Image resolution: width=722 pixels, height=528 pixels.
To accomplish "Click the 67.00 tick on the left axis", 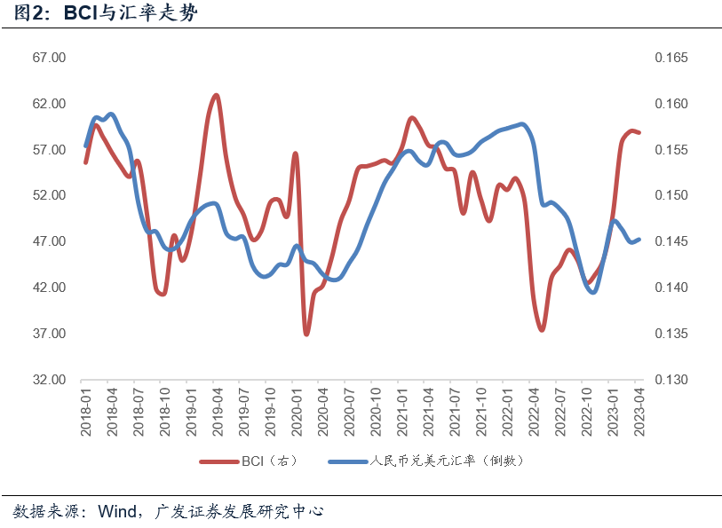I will (x=51, y=58).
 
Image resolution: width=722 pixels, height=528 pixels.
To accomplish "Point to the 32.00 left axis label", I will (x=51, y=380).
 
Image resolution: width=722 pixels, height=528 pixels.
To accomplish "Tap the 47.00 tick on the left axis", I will (x=51, y=241).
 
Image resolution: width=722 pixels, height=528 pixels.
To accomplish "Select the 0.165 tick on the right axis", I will (x=670, y=58).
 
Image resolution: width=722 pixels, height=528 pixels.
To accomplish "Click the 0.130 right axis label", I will (x=670, y=380).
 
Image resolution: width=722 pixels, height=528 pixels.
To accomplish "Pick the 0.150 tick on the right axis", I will (x=670, y=196).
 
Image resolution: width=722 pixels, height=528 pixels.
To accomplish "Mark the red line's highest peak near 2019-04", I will (x=217, y=95).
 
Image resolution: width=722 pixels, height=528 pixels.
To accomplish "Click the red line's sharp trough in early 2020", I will (x=306, y=334).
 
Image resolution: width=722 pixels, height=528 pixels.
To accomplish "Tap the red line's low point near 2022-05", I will (x=542, y=330).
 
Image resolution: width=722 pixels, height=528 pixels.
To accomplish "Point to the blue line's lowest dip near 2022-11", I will (x=592, y=291).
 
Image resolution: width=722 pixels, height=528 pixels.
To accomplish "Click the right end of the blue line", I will (x=639, y=239).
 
